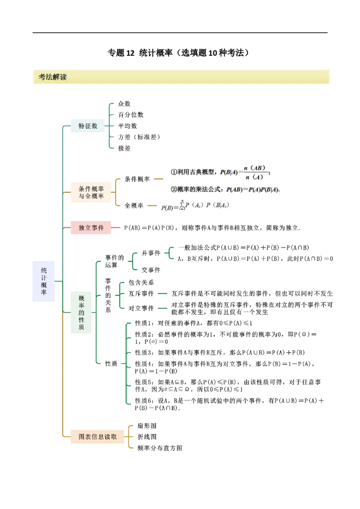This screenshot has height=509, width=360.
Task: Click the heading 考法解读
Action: point(53,77)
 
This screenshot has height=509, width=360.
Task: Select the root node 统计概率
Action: point(44,281)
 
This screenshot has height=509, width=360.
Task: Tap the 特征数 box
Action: point(88,126)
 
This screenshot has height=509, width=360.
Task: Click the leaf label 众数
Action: point(124,104)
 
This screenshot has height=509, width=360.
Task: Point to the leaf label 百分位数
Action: point(130,115)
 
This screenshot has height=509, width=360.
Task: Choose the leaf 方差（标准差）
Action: point(139,137)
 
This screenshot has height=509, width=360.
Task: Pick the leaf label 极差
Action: point(124,148)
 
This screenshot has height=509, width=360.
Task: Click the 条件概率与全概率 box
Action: point(91,192)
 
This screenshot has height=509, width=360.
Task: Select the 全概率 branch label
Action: point(134,205)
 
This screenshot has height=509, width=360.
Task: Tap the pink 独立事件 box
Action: point(91,228)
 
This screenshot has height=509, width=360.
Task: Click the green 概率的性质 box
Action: point(81,313)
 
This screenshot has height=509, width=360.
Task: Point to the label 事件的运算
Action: point(114,261)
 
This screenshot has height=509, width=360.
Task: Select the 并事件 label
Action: point(151,253)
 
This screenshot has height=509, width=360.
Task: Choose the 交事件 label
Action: point(151,270)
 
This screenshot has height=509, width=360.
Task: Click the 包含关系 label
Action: point(141,282)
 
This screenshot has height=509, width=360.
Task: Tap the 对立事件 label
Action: point(141,308)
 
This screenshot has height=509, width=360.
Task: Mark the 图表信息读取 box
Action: point(98,436)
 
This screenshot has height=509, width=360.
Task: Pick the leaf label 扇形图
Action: point(147,425)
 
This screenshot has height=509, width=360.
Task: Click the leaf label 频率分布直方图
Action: point(160,448)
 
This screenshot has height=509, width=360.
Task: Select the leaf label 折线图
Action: point(147,437)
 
